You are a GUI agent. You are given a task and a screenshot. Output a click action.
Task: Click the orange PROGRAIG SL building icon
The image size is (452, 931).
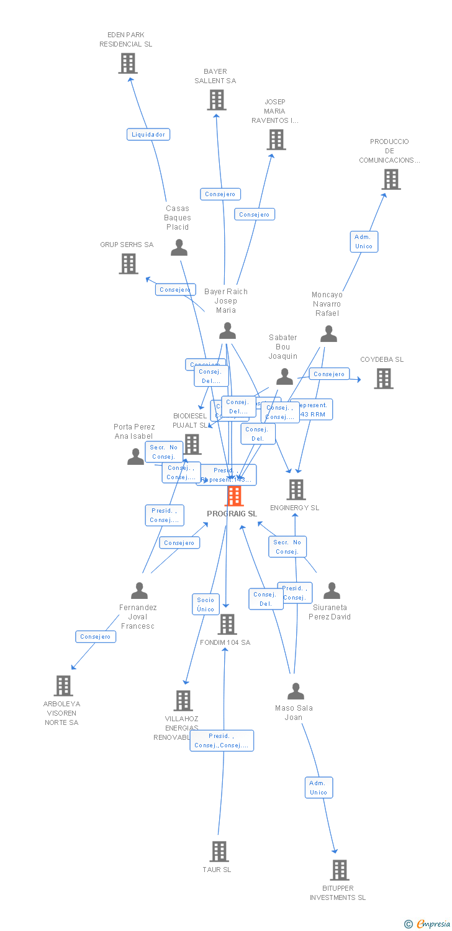pos(234,497)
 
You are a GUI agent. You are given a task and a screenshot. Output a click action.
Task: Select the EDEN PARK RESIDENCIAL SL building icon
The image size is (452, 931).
pos(128,63)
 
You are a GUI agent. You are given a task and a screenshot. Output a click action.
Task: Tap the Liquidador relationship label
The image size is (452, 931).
pos(148,134)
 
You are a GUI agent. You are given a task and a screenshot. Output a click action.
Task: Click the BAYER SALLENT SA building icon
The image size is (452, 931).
pos(216,100)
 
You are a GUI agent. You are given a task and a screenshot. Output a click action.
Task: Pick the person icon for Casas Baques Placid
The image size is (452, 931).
pos(179,248)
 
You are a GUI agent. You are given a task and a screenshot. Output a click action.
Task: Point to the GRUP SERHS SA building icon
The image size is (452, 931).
pos(128,264)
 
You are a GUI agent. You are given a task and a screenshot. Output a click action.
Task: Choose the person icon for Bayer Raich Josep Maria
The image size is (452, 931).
pos(227,331)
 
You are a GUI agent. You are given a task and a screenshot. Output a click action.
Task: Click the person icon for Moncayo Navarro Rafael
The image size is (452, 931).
pos(328,335)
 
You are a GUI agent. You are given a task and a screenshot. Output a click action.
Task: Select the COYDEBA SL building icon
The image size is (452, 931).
pos(383,378)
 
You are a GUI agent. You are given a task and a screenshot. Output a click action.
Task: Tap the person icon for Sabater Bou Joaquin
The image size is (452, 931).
pos(284,376)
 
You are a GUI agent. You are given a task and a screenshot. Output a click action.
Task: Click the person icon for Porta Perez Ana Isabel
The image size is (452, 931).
pos(135,457)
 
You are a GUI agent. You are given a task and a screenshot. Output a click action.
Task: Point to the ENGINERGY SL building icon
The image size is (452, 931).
pos(296,490)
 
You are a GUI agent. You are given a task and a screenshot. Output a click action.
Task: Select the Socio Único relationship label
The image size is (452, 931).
pos(206,604)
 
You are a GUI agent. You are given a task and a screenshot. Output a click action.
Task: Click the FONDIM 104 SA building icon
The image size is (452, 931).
pos(227,624)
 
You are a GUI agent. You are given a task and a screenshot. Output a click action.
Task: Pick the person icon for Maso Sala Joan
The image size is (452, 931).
pos(296,691)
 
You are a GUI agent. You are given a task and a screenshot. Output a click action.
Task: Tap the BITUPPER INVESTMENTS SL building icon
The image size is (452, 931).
pos(339,870)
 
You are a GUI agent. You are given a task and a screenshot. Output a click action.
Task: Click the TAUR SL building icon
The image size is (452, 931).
pos(219,852)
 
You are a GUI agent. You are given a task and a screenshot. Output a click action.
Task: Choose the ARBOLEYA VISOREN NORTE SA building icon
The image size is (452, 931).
pos(63,686)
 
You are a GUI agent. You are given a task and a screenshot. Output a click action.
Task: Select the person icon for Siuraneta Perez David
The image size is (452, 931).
pos(332,591)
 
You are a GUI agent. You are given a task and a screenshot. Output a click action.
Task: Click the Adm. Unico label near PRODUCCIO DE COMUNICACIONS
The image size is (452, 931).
pos(363,241)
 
